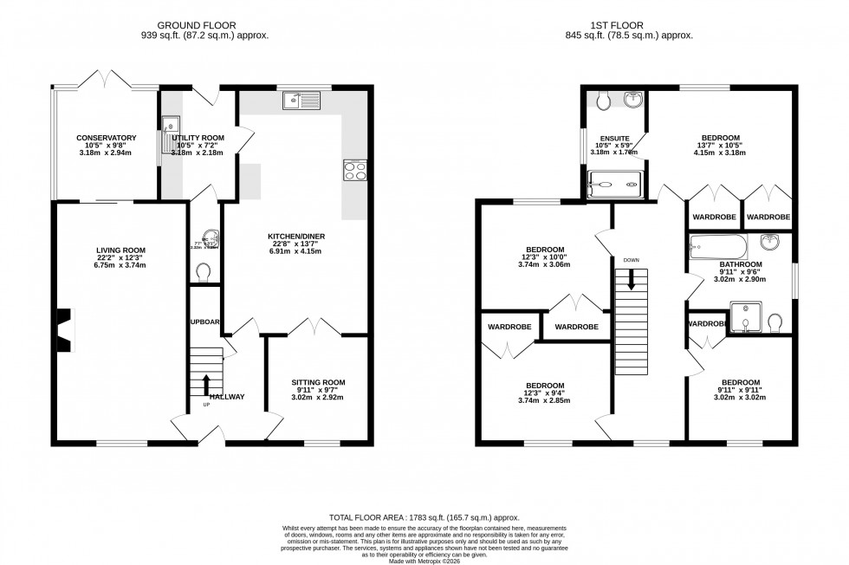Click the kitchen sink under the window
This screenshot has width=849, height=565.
(301, 102)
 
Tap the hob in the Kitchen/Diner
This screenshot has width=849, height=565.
(355, 170)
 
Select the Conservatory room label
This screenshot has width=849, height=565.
(107, 138)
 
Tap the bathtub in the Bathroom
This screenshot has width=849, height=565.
(717, 247)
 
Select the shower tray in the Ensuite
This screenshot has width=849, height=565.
(614, 183)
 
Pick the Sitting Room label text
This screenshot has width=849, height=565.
(318, 382)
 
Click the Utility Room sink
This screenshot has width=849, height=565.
(170, 127)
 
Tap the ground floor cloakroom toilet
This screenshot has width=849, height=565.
(205, 273)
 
